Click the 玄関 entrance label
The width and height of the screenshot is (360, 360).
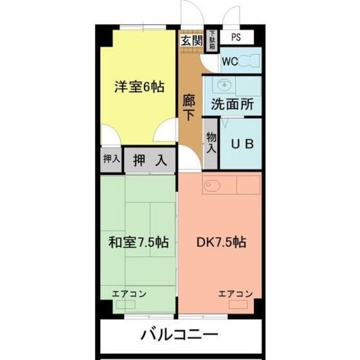191,40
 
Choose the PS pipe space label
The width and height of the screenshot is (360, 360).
236,39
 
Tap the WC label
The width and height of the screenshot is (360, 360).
229,62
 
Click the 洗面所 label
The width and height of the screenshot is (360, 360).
232,104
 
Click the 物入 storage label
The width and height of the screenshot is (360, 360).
211,143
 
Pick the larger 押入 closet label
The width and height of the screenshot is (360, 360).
150,160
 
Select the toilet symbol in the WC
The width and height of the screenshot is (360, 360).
250,61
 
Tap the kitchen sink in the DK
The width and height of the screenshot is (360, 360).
213,186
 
